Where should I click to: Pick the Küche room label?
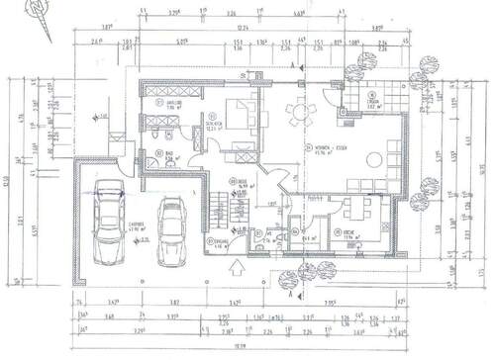pos(347,234)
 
